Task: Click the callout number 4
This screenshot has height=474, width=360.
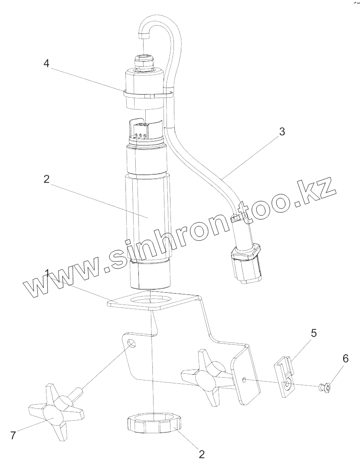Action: click(x=46, y=63)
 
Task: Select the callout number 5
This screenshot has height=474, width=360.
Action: click(x=314, y=333)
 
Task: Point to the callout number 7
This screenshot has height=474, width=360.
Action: click(x=13, y=435)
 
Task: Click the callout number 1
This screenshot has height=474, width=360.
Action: click(x=46, y=273)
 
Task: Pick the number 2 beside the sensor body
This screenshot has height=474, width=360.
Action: click(x=46, y=179)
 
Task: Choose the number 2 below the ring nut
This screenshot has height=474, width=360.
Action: click(x=201, y=454)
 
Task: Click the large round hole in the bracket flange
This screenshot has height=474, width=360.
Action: click(x=149, y=299)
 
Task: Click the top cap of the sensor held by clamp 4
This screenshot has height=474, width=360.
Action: click(x=144, y=89)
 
